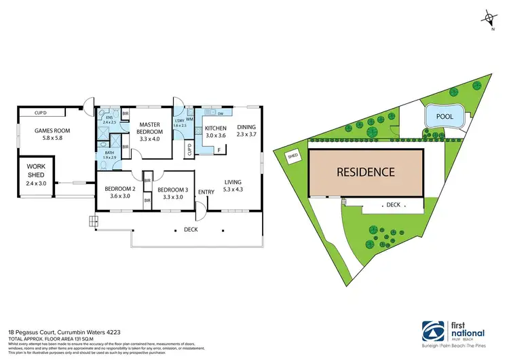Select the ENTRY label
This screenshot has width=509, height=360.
206,192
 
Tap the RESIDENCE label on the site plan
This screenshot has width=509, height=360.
366,172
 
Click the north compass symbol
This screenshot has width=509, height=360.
491,18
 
